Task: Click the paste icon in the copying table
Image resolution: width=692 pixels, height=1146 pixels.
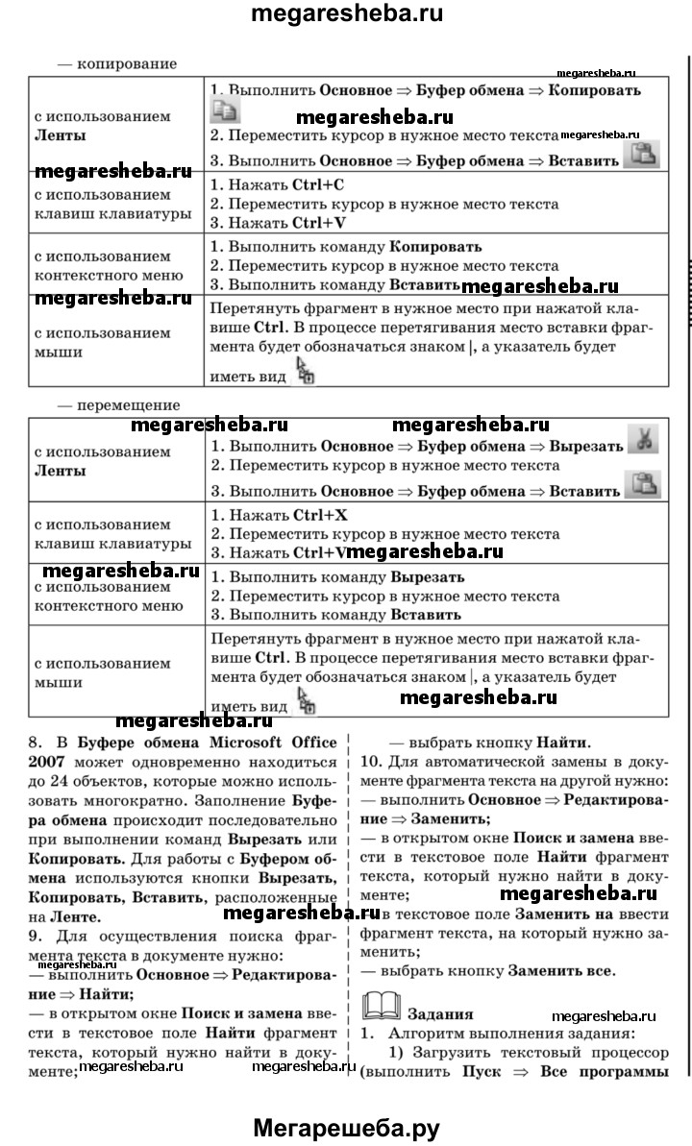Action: [x=641, y=154]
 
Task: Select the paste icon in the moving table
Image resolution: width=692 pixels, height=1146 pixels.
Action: [x=642, y=485]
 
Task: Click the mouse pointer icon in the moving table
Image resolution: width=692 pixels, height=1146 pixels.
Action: [x=307, y=701]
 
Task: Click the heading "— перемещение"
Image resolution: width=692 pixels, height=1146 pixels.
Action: [x=119, y=405]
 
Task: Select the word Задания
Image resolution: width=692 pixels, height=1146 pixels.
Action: [x=439, y=1013]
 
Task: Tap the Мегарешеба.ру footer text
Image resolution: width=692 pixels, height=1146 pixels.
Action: [x=346, y=1128]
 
